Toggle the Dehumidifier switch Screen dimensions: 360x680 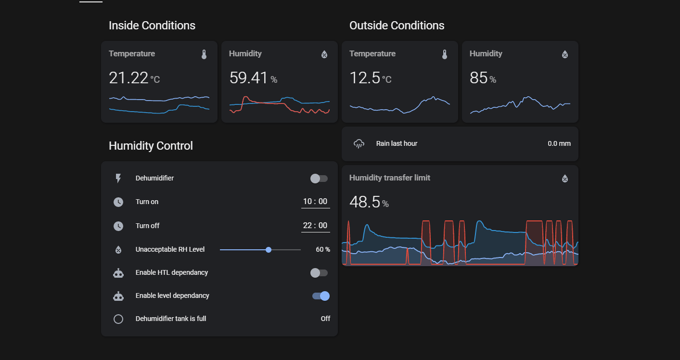pos(319,179)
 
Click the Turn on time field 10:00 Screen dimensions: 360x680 pos(315,202)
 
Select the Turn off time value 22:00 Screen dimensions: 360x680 pos(315,226)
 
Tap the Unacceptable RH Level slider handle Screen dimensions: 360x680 pos(269,249)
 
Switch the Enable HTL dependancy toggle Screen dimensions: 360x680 pos(319,273)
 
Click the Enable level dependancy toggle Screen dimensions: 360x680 pos(321,296)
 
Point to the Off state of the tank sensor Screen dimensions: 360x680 pos(325,319)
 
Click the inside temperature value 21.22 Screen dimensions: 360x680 pos(128,77)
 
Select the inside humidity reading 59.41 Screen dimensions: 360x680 pos(248,77)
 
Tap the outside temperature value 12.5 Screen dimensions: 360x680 pos(365,77)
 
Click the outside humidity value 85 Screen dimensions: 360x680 pos(478,77)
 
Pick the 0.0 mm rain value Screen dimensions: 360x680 pos(559,143)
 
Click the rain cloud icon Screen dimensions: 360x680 pos(359,143)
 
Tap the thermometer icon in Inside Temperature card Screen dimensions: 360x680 pos(204,54)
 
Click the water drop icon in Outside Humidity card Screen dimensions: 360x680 pos(565,54)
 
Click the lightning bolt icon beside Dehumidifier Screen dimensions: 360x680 pos(118,179)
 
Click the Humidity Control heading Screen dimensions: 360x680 pos(151,146)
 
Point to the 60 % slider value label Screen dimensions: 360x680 pos(323,249)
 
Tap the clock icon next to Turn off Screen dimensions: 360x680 pos(118,226)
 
